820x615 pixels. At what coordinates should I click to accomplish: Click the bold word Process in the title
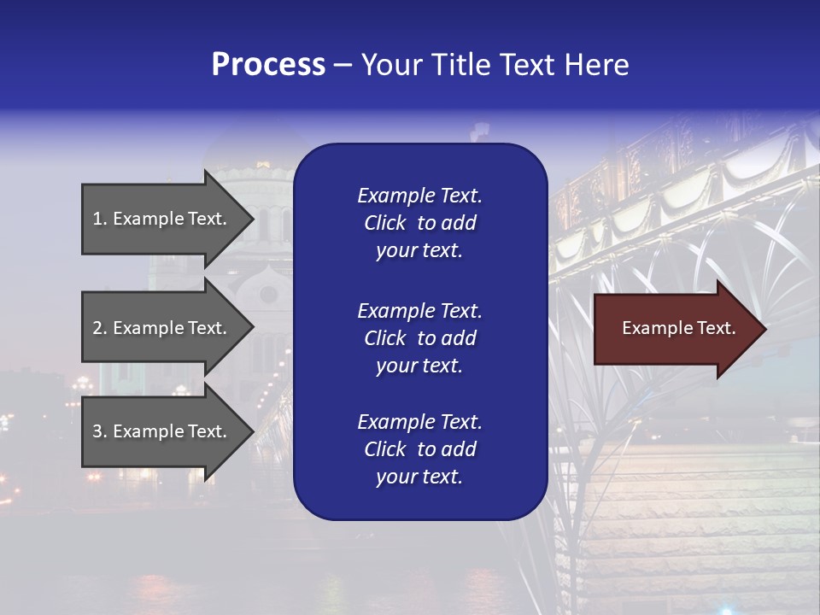coord(268,65)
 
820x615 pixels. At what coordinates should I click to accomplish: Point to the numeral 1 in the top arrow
coord(97,219)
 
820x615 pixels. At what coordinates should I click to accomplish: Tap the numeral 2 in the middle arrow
coord(97,328)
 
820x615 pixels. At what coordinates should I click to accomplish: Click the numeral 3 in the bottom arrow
coord(97,431)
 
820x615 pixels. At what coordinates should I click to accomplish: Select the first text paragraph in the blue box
coord(419,223)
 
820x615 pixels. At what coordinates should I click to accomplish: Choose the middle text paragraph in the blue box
coord(419,338)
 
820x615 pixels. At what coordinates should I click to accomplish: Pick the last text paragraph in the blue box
coord(419,449)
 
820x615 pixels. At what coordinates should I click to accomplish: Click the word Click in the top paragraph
coord(384,223)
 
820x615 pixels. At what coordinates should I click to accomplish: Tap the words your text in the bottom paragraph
coord(419,477)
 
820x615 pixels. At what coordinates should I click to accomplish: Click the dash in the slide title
coord(343,66)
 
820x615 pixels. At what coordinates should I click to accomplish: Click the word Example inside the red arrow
coord(653,328)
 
